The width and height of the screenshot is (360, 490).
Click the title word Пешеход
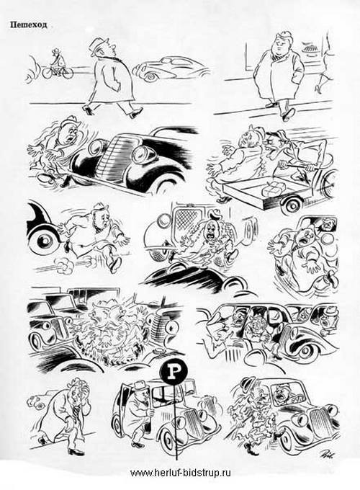coord(28,24)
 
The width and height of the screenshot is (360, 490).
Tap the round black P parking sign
coord(174,372)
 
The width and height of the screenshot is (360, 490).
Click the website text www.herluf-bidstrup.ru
coord(180,473)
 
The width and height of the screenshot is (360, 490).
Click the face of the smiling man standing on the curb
coord(279,47)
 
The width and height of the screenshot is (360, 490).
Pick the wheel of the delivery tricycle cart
coord(292,205)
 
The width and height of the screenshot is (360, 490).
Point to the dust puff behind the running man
coord(63,266)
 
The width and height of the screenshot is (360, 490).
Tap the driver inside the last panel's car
coord(286,396)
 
